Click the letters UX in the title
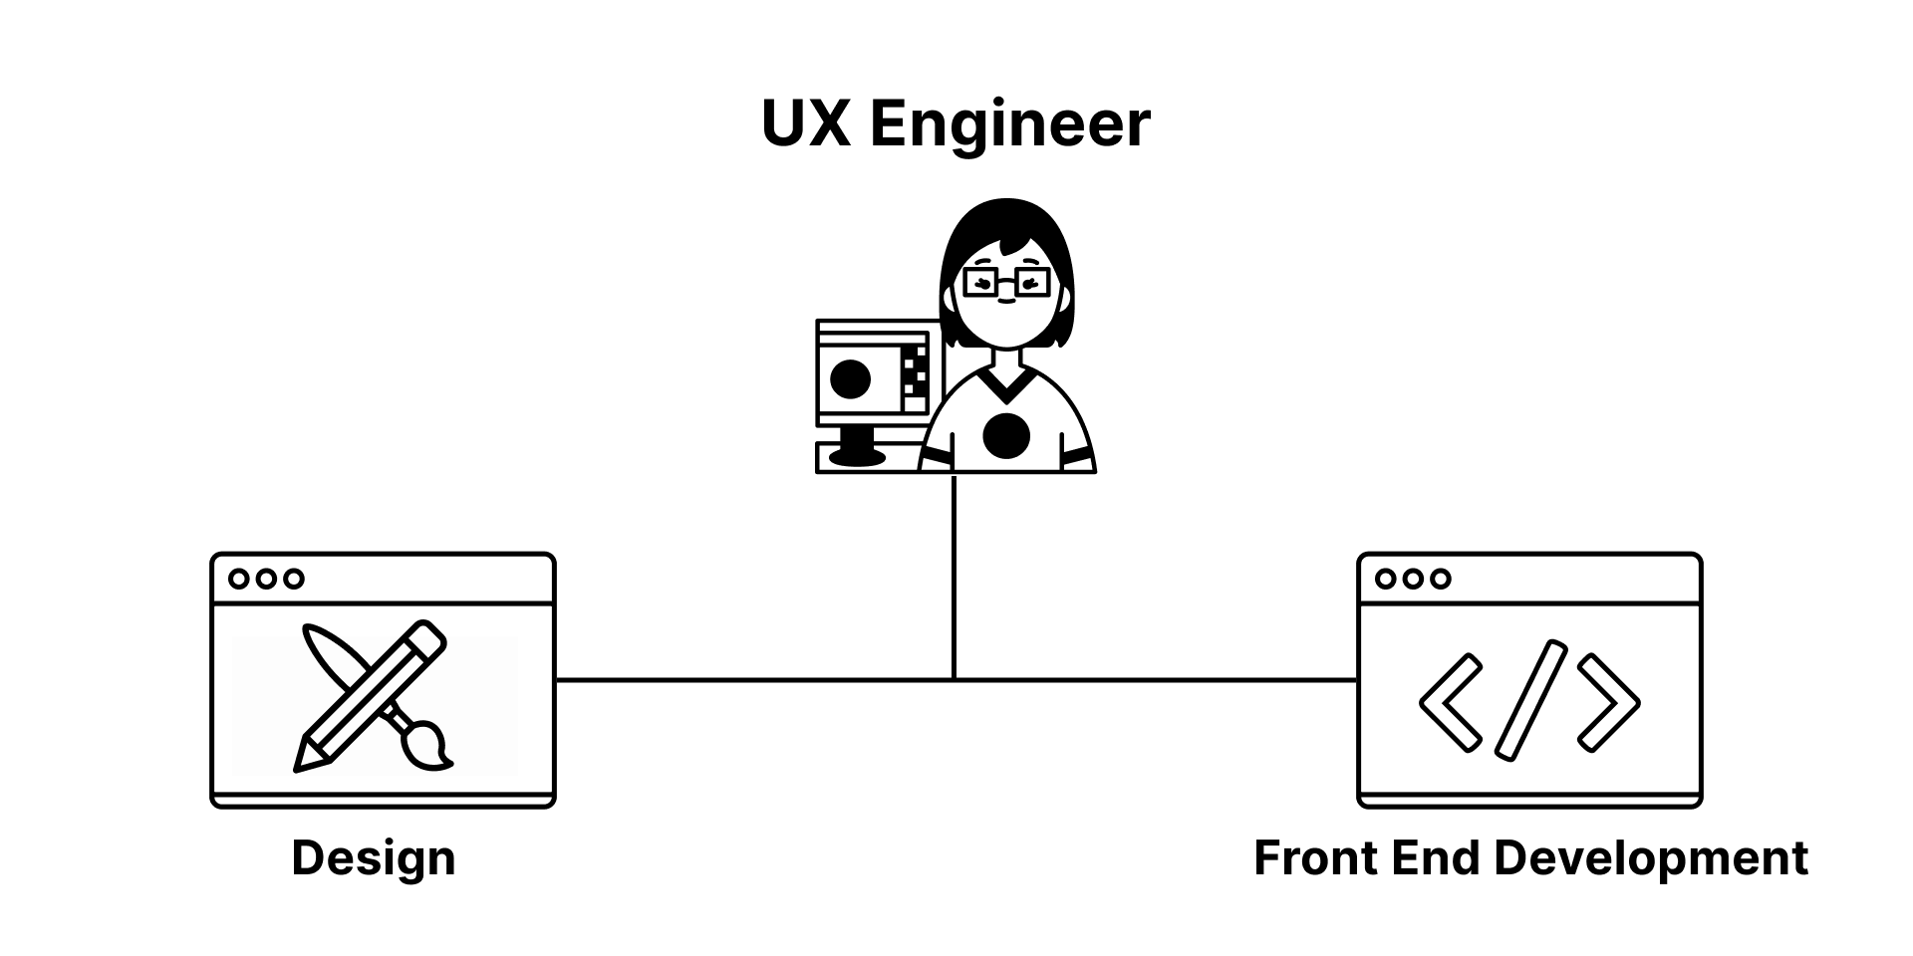[805, 123]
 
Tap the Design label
[374, 858]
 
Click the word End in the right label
[1431, 858]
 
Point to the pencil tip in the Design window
[302, 762]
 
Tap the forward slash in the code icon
[1531, 700]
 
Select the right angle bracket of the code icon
[1610, 702]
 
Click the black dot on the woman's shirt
[1006, 436]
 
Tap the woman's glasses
[1006, 283]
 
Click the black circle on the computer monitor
[850, 378]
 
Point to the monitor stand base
[857, 458]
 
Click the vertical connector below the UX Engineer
[954, 578]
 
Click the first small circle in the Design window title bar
[239, 579]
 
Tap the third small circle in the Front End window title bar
[1440, 579]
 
